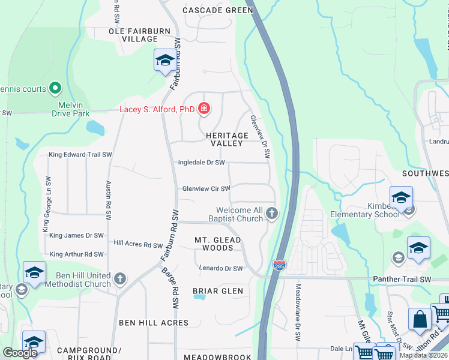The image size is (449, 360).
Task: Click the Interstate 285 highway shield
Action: pos(279,265)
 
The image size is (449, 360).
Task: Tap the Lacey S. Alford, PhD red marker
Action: pos(205,109)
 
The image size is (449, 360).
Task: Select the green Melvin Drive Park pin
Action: pos(55,89)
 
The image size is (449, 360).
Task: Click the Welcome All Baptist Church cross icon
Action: pos(272,213)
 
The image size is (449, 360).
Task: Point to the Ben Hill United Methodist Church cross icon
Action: pos(120,278)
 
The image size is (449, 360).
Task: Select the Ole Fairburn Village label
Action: pos(133,35)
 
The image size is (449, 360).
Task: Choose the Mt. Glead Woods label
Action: pos(218,244)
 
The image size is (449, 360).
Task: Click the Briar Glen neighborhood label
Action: pos(218,291)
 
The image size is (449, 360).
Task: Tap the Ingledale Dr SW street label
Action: pos(201,163)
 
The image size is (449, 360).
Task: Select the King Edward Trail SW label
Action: pos(80,154)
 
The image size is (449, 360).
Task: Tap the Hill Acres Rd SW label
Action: pos(138,245)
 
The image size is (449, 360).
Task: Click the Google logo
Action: pos(20,353)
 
